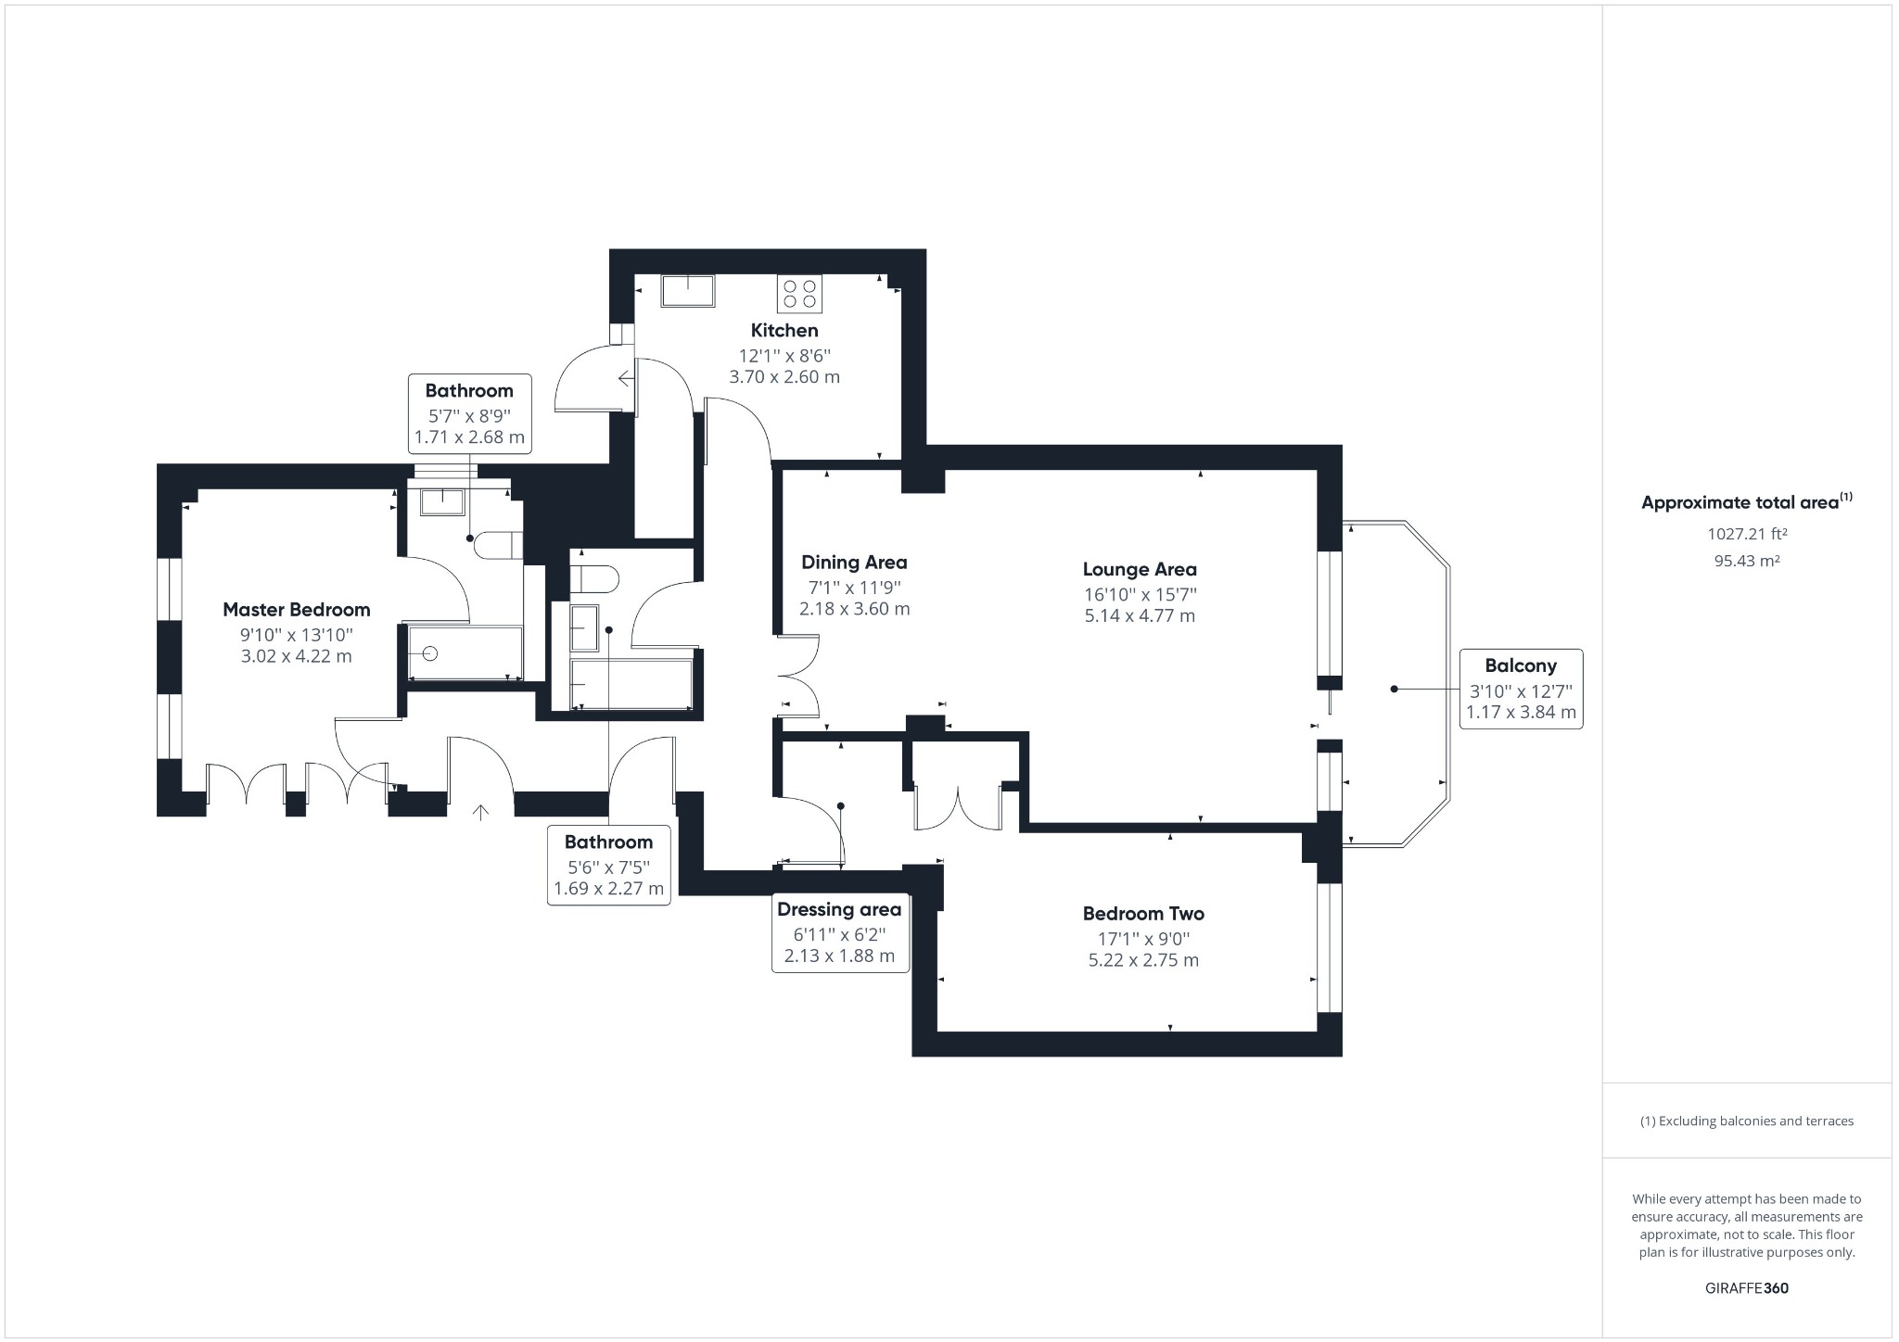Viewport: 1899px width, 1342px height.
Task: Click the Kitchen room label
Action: click(x=784, y=331)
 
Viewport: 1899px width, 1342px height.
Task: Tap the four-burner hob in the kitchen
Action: click(x=800, y=293)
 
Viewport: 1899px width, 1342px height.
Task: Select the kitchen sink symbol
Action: click(x=687, y=290)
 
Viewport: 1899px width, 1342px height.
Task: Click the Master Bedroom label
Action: click(x=297, y=610)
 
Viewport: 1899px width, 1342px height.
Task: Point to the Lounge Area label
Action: click(x=1140, y=569)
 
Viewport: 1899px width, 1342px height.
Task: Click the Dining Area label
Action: click(x=854, y=563)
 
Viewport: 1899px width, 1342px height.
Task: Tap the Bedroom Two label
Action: click(x=1143, y=914)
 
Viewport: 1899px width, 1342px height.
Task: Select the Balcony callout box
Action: click(x=1521, y=690)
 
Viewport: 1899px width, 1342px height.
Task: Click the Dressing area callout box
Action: click(x=840, y=933)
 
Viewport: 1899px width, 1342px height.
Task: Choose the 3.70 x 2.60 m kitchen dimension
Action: click(x=784, y=377)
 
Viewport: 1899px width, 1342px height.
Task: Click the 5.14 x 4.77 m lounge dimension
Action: click(x=1140, y=615)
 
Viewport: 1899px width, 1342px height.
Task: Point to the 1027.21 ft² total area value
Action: click(x=1747, y=534)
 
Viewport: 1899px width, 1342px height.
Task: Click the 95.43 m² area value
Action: click(x=1747, y=561)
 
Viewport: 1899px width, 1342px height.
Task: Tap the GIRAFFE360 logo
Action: click(x=1747, y=1288)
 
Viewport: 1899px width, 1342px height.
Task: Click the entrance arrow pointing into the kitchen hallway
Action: click(x=627, y=378)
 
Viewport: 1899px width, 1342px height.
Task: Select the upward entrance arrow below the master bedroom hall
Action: click(x=481, y=813)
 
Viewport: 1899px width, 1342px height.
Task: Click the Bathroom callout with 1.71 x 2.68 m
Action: click(x=469, y=414)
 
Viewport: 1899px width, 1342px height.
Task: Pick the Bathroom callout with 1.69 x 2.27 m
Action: click(x=609, y=866)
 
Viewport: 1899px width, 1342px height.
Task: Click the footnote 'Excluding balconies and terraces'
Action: click(x=1747, y=1121)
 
